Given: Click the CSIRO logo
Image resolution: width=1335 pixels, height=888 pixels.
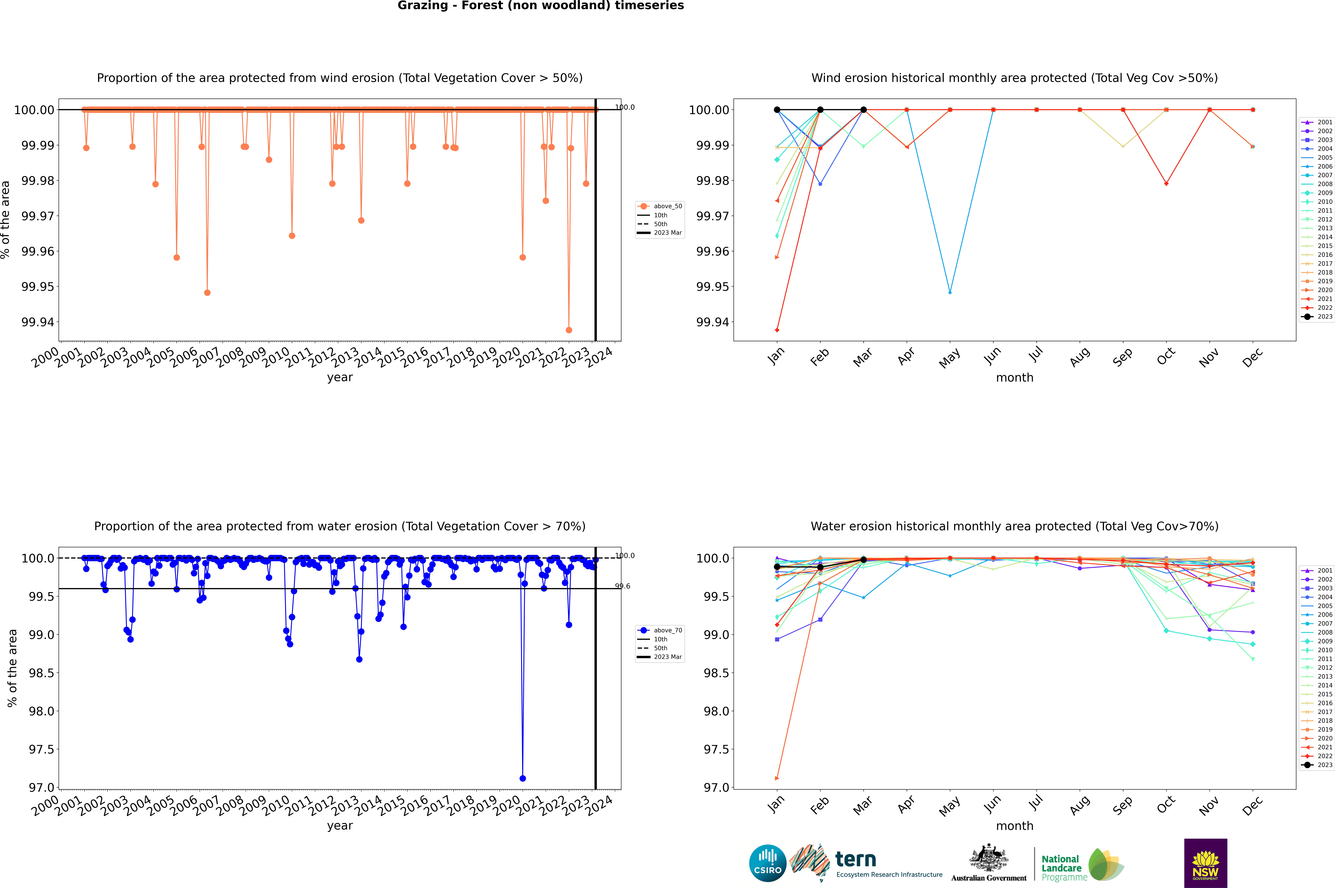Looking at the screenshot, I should tap(767, 863).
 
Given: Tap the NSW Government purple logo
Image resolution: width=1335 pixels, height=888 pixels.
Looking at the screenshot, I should tap(1205, 863).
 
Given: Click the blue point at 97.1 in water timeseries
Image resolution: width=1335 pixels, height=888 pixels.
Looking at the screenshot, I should tap(522, 778).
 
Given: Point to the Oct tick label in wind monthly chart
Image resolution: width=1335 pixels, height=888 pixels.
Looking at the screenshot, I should tap(1166, 357).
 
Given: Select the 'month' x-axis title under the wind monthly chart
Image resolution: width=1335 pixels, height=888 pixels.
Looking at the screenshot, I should tap(1014, 378).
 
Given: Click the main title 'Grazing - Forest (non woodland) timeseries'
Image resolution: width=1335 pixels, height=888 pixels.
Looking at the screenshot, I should tap(540, 6).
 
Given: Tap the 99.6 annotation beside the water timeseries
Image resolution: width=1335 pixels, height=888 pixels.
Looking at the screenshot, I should tap(623, 586).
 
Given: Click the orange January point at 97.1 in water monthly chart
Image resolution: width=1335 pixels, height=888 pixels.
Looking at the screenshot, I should tap(777, 778).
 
